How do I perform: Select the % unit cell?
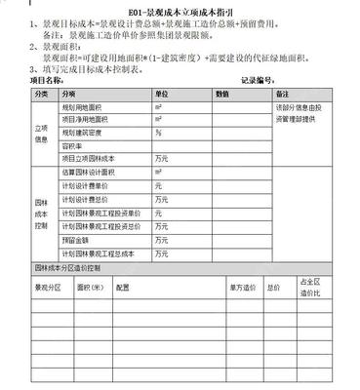click(157, 131)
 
